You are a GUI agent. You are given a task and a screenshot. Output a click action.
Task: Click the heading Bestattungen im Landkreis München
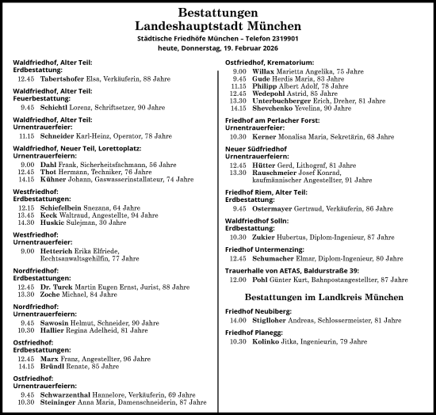click(x=325, y=295)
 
